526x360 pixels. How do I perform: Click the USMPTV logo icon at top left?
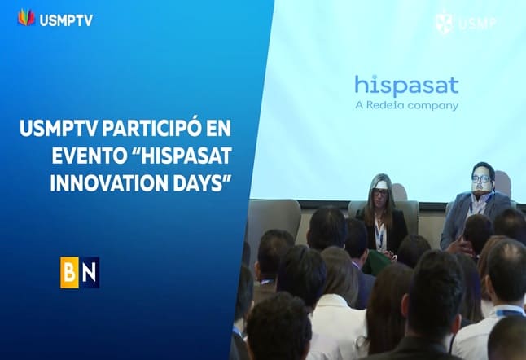(25, 16)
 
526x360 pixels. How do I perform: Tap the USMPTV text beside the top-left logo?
(65, 19)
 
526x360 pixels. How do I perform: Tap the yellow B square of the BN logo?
(70, 272)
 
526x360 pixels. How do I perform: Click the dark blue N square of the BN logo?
(90, 272)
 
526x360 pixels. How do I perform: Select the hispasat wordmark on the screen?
(406, 85)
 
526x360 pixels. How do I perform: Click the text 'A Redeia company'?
(406, 105)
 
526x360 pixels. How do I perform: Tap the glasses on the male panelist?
(481, 178)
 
